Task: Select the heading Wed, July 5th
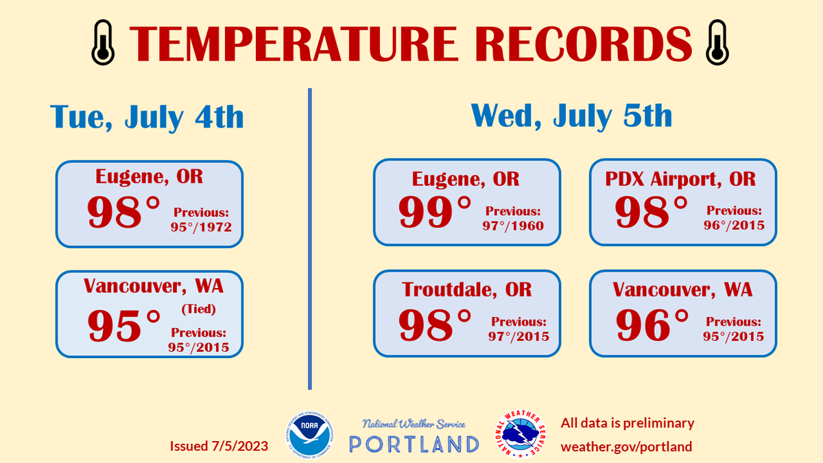coord(571,116)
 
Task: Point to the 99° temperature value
coord(436,211)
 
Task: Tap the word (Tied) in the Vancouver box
coord(198,309)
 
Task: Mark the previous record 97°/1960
coord(513,226)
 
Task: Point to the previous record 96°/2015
coord(734,225)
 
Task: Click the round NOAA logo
coord(311,436)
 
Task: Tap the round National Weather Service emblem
coord(524,436)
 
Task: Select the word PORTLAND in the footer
coord(414,443)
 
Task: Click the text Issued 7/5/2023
coord(219,446)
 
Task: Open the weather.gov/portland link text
coord(626,447)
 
